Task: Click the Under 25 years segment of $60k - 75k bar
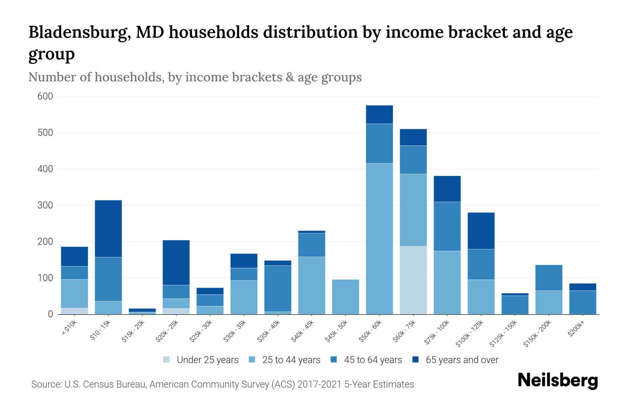pos(413,280)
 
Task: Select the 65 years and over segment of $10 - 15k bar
pos(108,229)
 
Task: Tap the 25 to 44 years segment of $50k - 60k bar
pos(379,238)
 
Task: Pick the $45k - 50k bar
pos(345,297)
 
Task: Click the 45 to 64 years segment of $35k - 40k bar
pos(278,288)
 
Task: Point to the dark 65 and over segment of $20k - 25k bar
pos(176,263)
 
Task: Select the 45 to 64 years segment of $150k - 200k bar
pos(549,278)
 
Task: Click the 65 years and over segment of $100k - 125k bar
pos(481,231)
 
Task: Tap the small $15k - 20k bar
pos(142,311)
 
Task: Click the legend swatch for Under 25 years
pos(167,360)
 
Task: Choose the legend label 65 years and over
pos(462,360)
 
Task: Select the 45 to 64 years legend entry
pos(373,360)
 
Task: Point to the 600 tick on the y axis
pos(45,96)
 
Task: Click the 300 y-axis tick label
pos(45,205)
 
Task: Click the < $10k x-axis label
pos(69,328)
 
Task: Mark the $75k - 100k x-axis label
pos(437,333)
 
